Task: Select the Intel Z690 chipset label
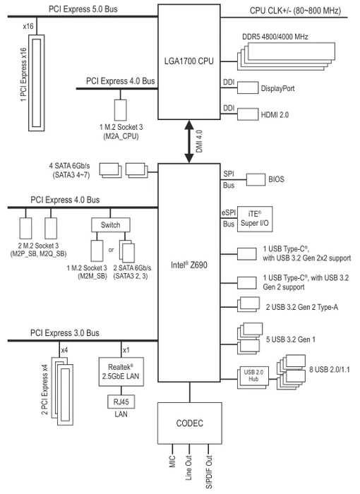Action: pos(189,265)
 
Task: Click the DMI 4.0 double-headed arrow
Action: pos(189,141)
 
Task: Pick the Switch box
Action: pos(110,225)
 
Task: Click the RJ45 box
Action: pos(121,402)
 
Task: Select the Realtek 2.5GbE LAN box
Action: pos(121,372)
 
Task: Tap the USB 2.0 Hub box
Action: pos(253,375)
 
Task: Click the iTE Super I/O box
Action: pos(255,219)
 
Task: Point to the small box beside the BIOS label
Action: pos(256,179)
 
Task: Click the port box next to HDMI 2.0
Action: pos(248,114)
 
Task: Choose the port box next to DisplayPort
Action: pos(248,88)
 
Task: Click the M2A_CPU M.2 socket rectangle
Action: pos(121,110)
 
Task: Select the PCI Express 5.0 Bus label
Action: pos(83,9)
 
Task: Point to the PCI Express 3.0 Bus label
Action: pos(65,333)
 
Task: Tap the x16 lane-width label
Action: pos(28,26)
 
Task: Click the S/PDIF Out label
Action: pos(209,472)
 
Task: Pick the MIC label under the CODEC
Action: pos(172,462)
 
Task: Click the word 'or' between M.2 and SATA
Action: pos(111,250)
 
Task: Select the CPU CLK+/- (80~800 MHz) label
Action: pos(295,11)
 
